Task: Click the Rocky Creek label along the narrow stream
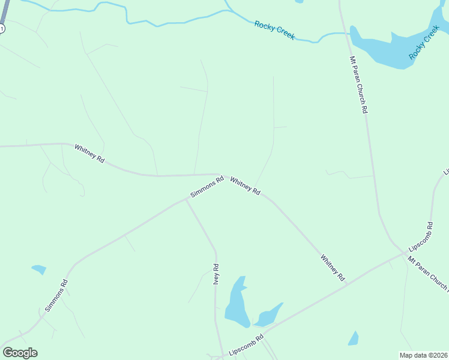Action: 275,30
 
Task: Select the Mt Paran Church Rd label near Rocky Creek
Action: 358,85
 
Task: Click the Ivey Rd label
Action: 216,274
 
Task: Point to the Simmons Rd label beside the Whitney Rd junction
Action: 206,187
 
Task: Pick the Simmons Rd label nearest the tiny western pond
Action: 56,295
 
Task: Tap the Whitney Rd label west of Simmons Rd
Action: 89,154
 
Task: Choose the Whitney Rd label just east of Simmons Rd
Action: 245,185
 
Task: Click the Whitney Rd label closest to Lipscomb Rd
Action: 333,268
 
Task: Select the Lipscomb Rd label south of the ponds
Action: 247,346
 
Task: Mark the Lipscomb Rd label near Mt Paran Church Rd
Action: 420,238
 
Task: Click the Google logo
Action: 20,353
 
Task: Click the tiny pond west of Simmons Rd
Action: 39,269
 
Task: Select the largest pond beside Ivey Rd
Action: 237,303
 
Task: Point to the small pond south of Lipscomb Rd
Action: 354,339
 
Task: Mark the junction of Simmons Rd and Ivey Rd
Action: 186,200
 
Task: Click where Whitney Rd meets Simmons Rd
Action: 225,175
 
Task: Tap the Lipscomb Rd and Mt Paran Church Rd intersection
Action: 403,253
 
